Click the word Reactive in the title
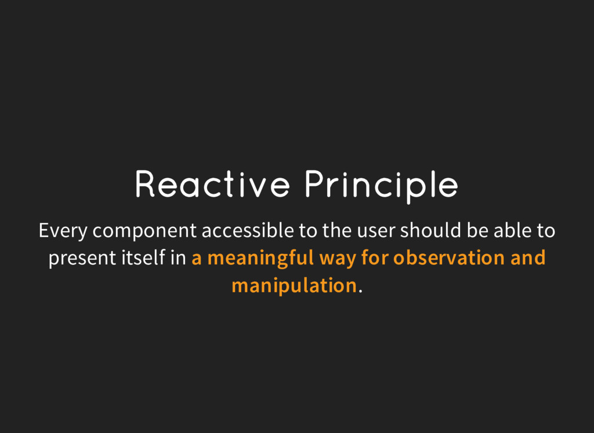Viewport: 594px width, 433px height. click(x=212, y=184)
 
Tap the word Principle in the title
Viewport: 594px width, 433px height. click(x=382, y=186)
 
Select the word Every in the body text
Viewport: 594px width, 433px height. click(x=63, y=231)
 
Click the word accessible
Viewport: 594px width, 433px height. click(x=248, y=230)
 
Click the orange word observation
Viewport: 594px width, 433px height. click(x=449, y=258)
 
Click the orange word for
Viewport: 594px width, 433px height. click(x=375, y=258)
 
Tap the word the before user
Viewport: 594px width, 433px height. click(x=337, y=230)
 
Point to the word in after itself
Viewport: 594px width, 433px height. click(x=179, y=258)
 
